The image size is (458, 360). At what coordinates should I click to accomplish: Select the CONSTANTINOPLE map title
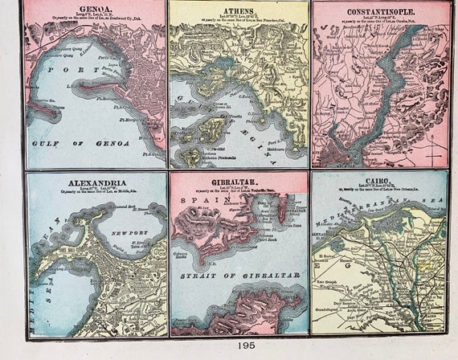382,12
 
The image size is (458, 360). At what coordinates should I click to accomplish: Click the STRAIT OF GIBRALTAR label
240,275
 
